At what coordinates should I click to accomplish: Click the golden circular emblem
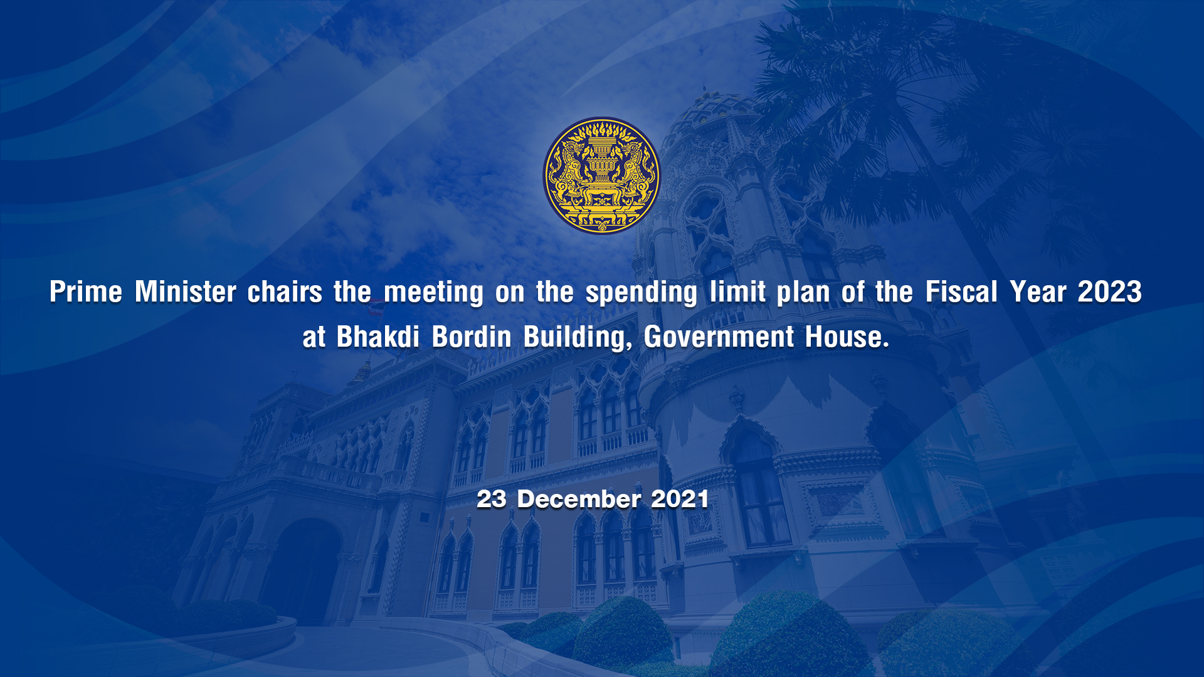(x=601, y=176)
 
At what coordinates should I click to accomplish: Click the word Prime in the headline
(x=86, y=292)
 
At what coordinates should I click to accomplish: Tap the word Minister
(x=186, y=292)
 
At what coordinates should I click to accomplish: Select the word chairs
(x=285, y=292)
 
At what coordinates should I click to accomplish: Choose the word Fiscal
(x=961, y=292)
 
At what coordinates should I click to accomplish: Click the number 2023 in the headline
(x=1110, y=292)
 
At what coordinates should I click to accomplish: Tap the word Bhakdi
(x=378, y=337)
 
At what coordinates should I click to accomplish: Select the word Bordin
(x=472, y=337)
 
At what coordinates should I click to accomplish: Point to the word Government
(x=719, y=337)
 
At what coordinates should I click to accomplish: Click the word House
(x=847, y=337)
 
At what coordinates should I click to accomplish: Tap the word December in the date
(x=579, y=500)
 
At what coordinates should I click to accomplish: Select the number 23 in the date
(x=491, y=500)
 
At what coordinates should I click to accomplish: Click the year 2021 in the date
(x=680, y=500)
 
